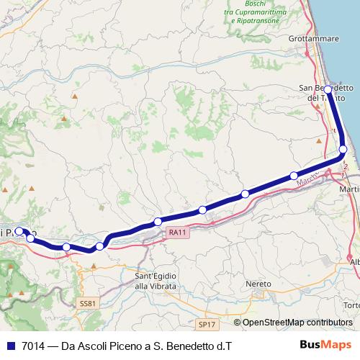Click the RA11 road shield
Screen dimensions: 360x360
click(177, 232)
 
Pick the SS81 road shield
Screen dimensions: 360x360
click(87, 304)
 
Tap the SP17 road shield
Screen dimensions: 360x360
click(206, 325)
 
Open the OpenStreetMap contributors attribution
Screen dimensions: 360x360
click(297, 323)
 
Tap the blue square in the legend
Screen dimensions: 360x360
click(10, 346)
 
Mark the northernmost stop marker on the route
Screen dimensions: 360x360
click(328, 90)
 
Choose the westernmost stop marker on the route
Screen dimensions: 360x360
click(19, 232)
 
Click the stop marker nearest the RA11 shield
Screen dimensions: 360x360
click(158, 222)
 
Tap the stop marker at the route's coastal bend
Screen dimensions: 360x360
click(343, 149)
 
